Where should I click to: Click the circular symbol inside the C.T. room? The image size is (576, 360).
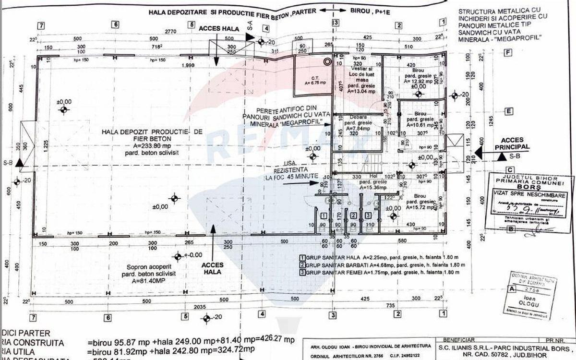(328, 61)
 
